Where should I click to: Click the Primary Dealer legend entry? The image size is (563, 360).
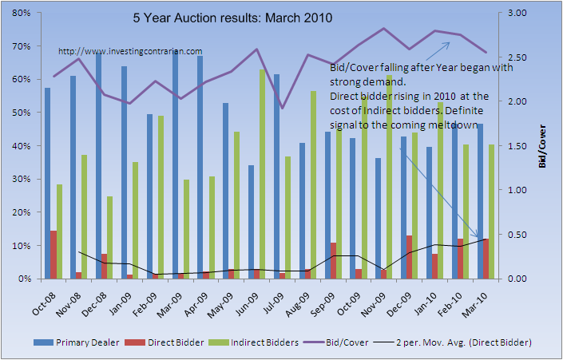click(83, 342)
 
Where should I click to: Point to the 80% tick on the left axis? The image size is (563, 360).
click(22, 13)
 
